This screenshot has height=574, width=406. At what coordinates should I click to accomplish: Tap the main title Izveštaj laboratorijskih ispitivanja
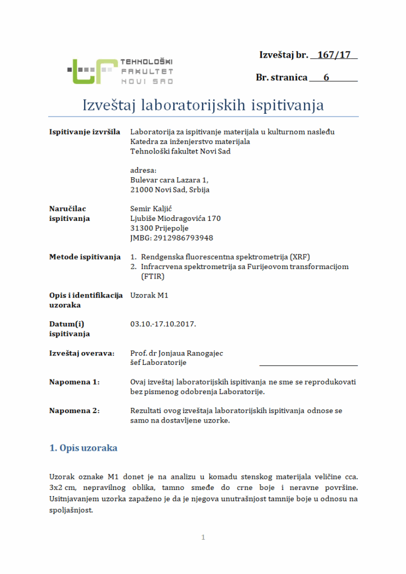tap(203, 105)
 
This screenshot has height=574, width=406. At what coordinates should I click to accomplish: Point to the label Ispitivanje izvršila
tap(85, 132)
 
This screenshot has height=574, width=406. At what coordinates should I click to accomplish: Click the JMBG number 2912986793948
tap(171, 238)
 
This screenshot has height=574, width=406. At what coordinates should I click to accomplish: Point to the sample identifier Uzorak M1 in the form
tap(149, 295)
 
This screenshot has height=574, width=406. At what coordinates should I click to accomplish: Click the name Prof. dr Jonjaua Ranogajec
tap(180, 353)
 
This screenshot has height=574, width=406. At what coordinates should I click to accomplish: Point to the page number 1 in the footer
tap(203, 538)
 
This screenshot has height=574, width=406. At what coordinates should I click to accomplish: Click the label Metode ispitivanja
tap(85, 257)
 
